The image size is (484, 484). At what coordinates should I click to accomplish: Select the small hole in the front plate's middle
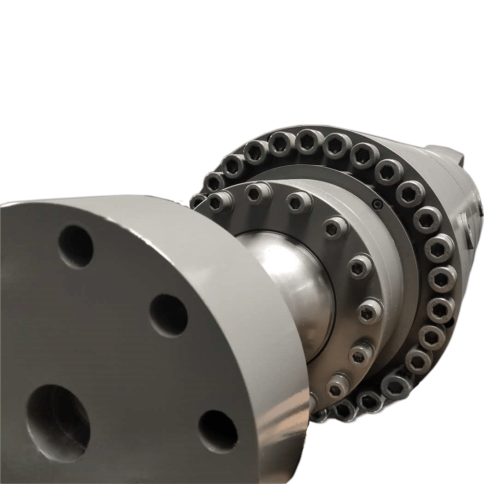click(x=168, y=315)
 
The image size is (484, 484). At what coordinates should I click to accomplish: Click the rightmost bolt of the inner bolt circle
click(x=370, y=311)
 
